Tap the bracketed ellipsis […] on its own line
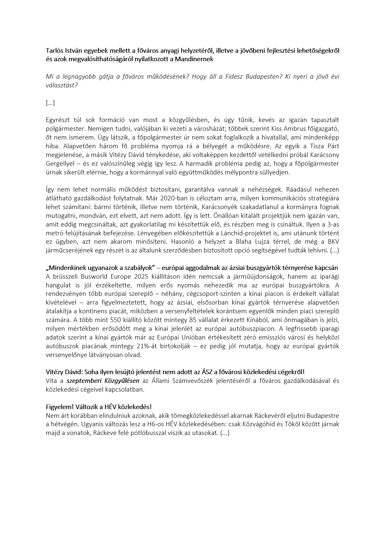pyautogui.click(x=50, y=103)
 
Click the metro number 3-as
pyautogui.click(x=332, y=224)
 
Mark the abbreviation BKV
pyautogui.click(x=333, y=242)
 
